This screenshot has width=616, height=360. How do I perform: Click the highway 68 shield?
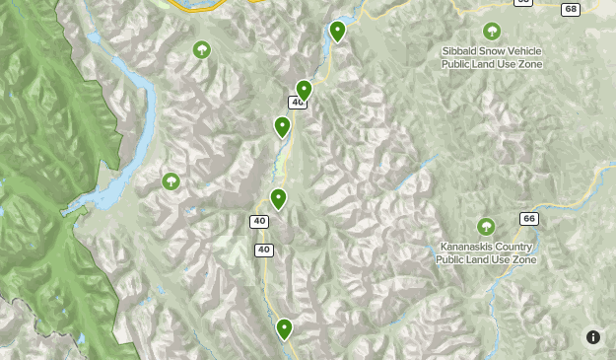click(571, 9)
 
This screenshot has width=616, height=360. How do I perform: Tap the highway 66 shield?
click(529, 218)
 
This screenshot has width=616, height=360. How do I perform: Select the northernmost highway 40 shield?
click(297, 103)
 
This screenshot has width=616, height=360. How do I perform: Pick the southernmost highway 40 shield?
click(263, 250)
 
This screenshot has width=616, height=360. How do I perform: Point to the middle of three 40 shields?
click(258, 220)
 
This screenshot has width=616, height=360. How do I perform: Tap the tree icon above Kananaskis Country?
click(485, 227)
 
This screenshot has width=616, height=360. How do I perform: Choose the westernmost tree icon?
click(171, 181)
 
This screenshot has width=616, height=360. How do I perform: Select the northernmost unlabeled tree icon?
click(202, 49)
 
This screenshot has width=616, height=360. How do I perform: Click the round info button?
click(593, 337)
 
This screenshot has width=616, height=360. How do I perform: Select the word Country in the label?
click(516, 247)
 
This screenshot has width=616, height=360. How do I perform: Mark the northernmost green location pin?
click(338, 31)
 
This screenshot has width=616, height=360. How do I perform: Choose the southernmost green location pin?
click(285, 327)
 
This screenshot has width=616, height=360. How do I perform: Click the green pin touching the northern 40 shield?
click(305, 90)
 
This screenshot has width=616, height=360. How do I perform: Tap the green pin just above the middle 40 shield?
click(279, 198)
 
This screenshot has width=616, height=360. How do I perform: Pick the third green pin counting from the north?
click(283, 126)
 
